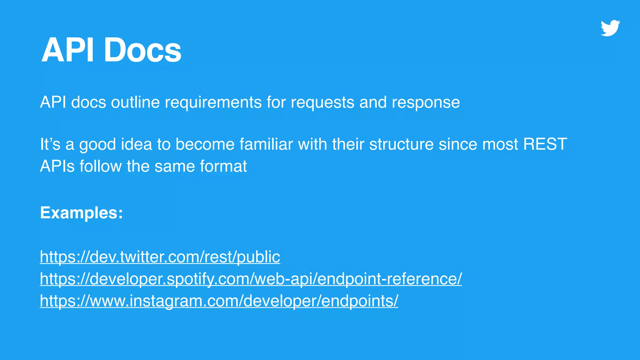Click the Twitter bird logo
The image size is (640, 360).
click(610, 28)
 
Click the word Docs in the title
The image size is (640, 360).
click(142, 50)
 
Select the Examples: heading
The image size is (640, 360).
click(82, 213)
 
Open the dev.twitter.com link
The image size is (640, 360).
click(160, 257)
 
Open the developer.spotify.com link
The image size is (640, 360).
click(251, 279)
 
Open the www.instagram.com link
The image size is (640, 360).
click(219, 301)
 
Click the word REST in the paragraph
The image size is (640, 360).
click(545, 144)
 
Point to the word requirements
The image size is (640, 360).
click(213, 102)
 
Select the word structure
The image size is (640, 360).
click(402, 144)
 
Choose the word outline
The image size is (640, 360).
click(135, 102)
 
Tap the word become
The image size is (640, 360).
click(205, 144)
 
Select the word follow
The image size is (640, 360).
click(101, 166)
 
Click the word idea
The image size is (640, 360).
click(137, 144)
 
